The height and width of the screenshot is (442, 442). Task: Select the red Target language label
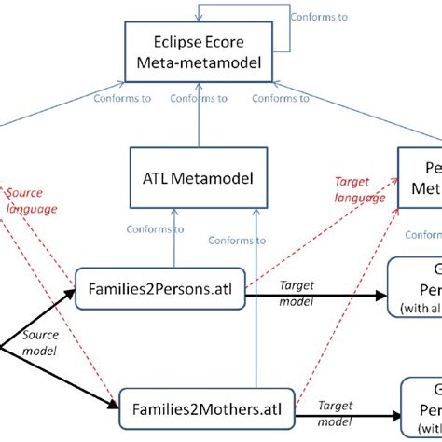(358, 189)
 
